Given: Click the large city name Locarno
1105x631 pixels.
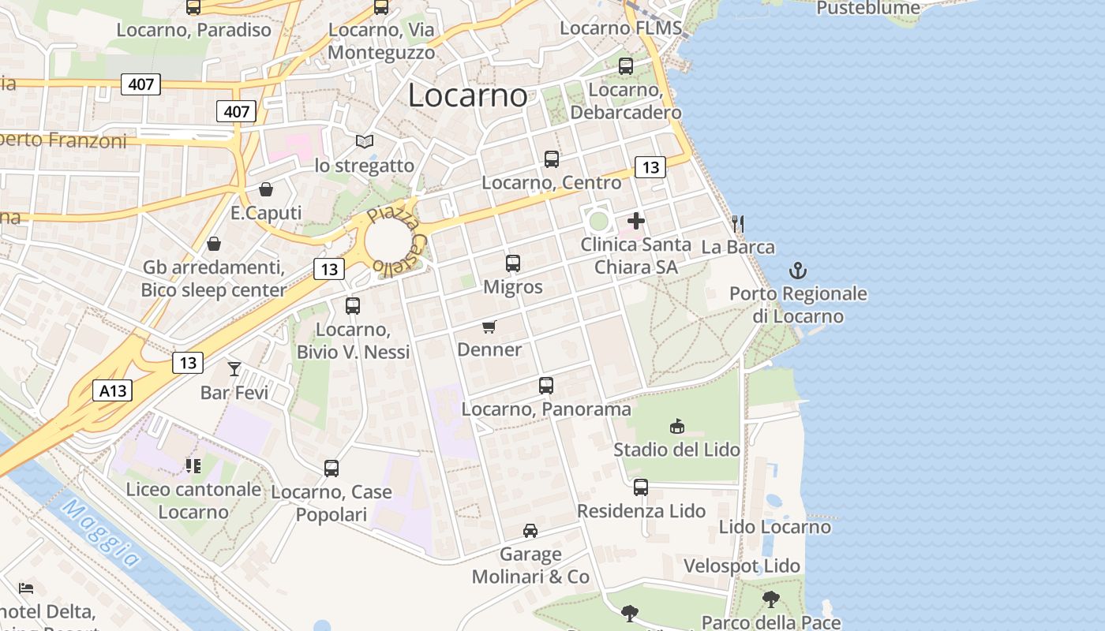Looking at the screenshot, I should pos(467,96).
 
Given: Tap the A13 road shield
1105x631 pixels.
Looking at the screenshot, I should pos(112,390).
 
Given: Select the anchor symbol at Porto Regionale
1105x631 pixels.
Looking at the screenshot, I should pos(798,271).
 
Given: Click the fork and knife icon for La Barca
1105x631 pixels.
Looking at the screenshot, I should pos(738,224).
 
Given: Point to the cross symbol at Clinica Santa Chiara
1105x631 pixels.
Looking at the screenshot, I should pos(636,221).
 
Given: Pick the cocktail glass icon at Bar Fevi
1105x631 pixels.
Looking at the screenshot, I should pos(234,368).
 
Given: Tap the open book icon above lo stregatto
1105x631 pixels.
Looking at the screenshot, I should pos(364,142).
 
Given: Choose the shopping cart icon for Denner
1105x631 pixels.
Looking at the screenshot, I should pos(489,327).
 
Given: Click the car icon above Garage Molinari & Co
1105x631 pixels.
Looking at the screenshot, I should pos(530,531).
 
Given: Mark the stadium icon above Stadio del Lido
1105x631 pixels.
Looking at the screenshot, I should pos(676,427).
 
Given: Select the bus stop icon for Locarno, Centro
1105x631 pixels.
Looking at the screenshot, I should pos(552,159).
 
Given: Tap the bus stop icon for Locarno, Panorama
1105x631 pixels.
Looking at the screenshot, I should pos(546,386).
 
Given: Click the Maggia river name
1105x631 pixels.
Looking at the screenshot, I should pos(100,533).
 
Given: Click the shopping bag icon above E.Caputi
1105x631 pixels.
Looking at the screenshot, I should pos(266,189).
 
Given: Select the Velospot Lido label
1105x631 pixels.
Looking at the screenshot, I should pos(742,566).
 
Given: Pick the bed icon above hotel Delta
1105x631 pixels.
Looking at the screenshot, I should pos(26,588).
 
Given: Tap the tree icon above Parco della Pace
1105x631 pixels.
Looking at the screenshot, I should pos(770,599).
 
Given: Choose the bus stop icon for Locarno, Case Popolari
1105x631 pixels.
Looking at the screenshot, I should pos(331,469).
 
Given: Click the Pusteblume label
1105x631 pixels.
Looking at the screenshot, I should pos(868,8).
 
